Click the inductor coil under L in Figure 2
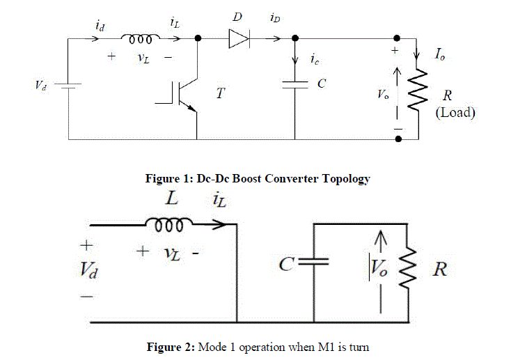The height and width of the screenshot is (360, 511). (164, 224)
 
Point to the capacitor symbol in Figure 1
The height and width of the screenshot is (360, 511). (295, 84)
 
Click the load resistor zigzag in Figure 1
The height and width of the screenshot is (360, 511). (416, 91)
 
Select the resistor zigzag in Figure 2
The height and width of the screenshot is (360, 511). (407, 269)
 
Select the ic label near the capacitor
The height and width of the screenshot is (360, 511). (315, 60)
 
